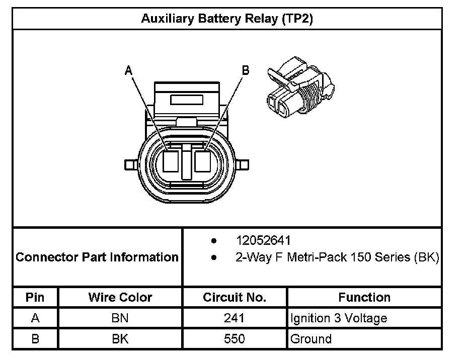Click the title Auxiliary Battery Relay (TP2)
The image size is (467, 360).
pyautogui.click(x=227, y=19)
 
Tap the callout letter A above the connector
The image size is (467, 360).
pyautogui.click(x=129, y=71)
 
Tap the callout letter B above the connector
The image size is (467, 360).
pyautogui.click(x=246, y=70)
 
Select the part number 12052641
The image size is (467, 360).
pyautogui.click(x=263, y=240)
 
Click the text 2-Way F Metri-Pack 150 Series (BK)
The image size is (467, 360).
pyautogui.click(x=337, y=257)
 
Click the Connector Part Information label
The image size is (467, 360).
pyautogui.click(x=97, y=257)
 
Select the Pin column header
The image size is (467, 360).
pyautogui.click(x=35, y=297)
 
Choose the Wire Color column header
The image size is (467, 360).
pyautogui.click(x=120, y=297)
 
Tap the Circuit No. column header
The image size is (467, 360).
pyautogui.click(x=235, y=297)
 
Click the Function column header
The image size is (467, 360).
pyautogui.click(x=364, y=297)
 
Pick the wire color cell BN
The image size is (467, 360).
pyautogui.click(x=120, y=318)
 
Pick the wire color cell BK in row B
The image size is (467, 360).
pyautogui.click(x=120, y=339)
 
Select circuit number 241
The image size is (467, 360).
pyautogui.click(x=235, y=318)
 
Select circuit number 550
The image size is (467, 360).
pyautogui.click(x=235, y=339)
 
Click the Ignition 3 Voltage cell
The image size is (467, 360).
pyautogui.click(x=339, y=318)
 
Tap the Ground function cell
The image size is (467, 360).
pyautogui.click(x=311, y=339)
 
